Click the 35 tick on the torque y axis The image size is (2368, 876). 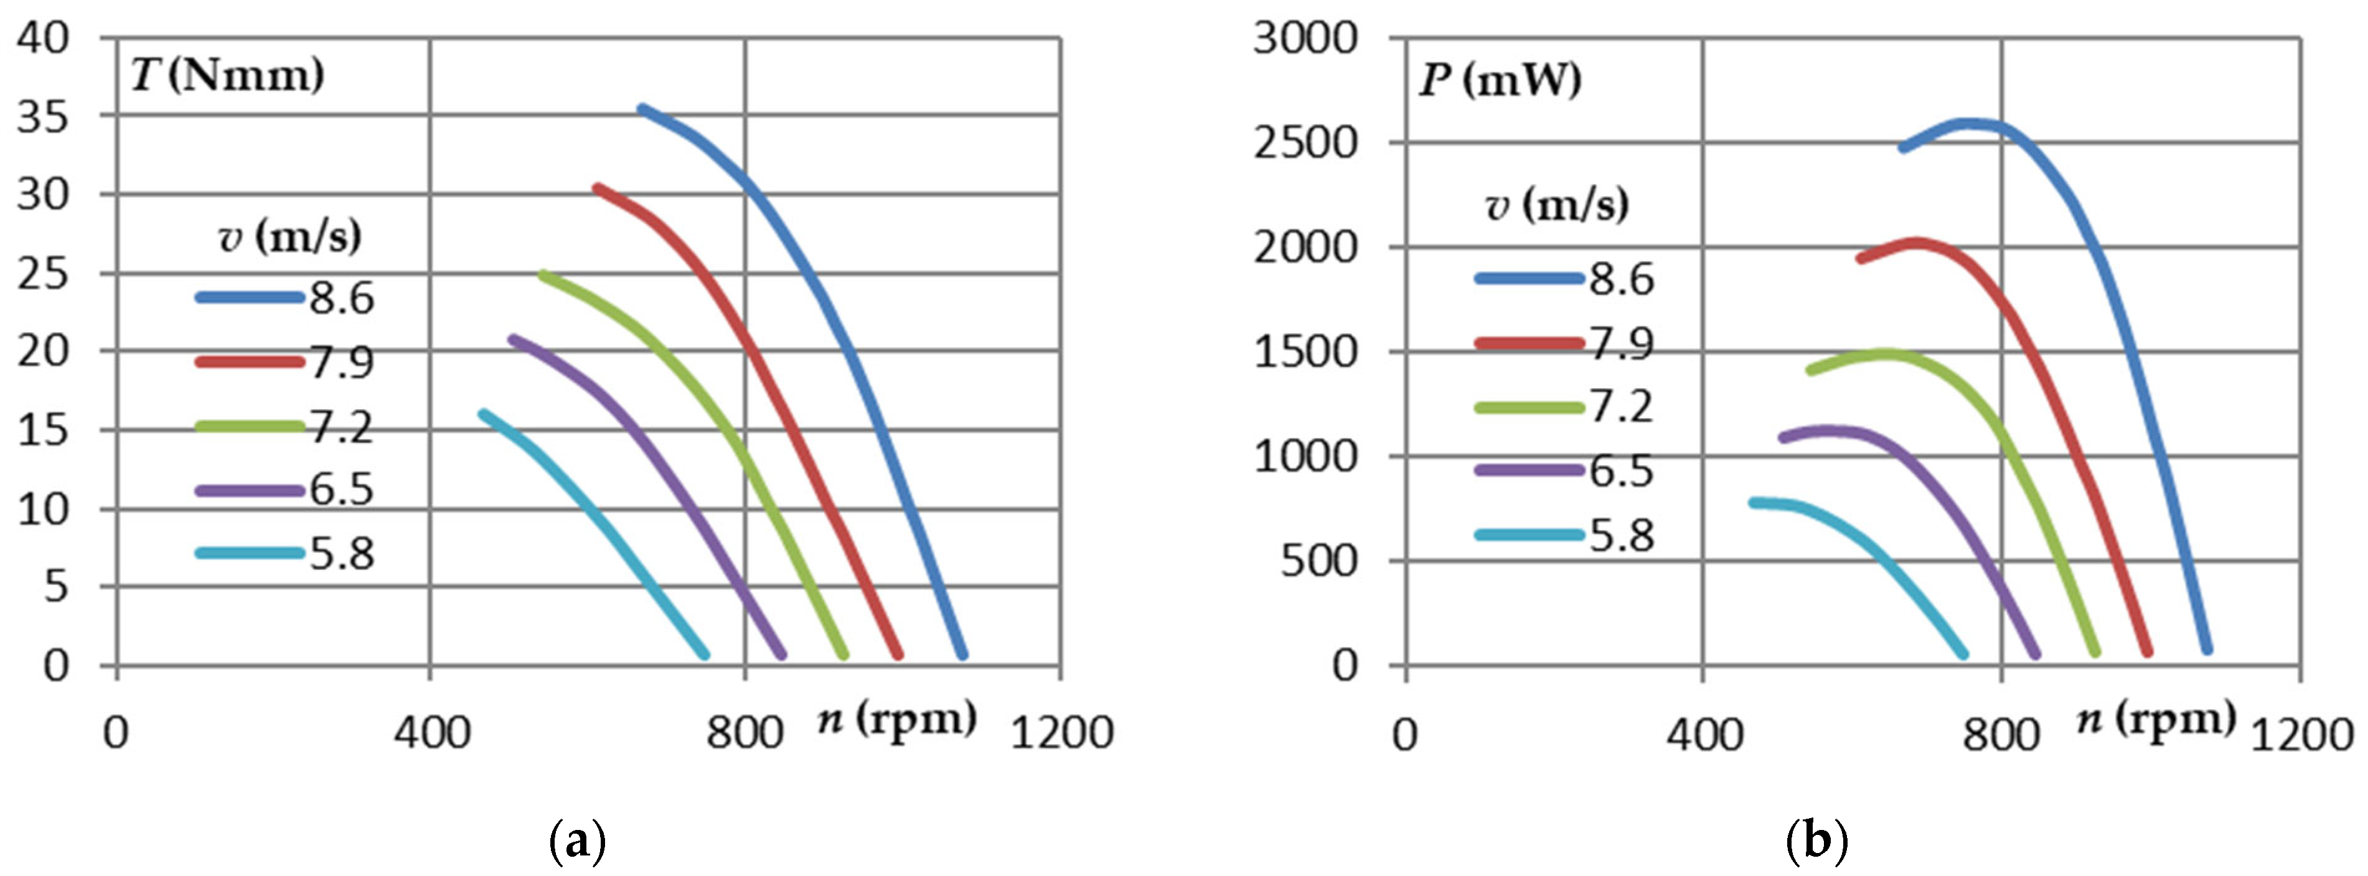pyautogui.click(x=42, y=117)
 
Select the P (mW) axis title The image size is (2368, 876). pyautogui.click(x=1500, y=80)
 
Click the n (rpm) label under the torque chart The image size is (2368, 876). pyautogui.click(x=897, y=719)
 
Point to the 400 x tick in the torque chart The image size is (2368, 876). pyautogui.click(x=432, y=734)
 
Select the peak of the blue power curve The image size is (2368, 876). pyautogui.click(x=1972, y=122)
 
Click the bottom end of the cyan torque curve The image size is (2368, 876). pyautogui.click(x=705, y=655)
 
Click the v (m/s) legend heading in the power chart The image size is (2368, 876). pyautogui.click(x=1556, y=204)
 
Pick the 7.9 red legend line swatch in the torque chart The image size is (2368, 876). pyautogui.click(x=249, y=362)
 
